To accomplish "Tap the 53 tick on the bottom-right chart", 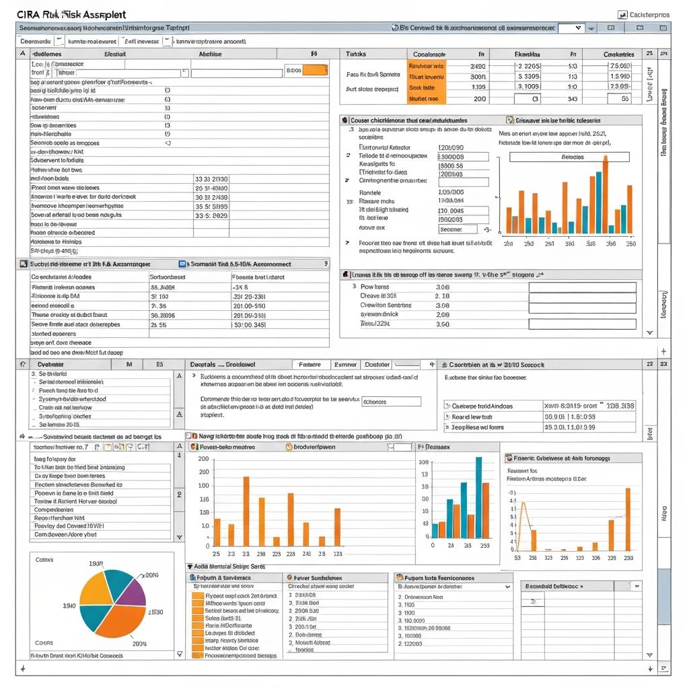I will point(517,558).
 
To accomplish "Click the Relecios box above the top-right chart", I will point(569,157).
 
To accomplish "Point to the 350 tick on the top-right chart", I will point(630,244).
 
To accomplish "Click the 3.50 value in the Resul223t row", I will point(442,324).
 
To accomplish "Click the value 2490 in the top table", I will point(477,67).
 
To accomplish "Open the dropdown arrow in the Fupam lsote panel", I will point(507,587).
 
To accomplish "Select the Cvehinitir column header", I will point(59,364).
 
